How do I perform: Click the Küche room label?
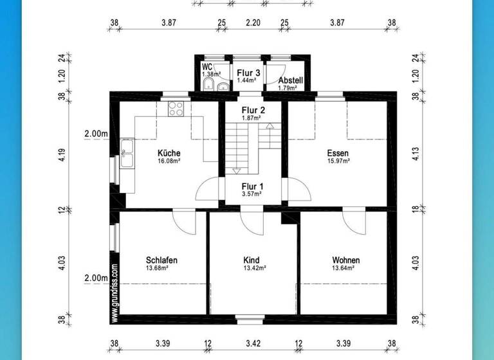[x=169, y=153]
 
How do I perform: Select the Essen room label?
[x=338, y=153]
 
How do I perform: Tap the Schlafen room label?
[x=161, y=260]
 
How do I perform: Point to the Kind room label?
[x=252, y=260]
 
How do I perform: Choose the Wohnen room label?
[x=346, y=260]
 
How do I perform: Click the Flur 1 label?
[x=252, y=187]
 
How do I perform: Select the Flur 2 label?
[x=252, y=110]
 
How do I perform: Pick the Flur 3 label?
[x=248, y=73]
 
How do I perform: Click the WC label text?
[x=207, y=67]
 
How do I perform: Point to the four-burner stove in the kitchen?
[x=176, y=109]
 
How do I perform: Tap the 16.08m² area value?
[x=169, y=161]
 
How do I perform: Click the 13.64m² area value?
[x=346, y=269]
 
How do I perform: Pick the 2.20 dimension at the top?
[x=253, y=22]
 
